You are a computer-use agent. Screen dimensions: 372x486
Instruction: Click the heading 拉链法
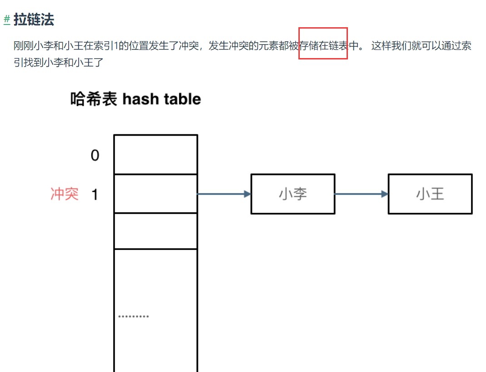tap(34, 20)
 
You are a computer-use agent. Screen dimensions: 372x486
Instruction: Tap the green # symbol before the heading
tap(7, 20)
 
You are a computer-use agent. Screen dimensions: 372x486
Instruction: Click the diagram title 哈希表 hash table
tap(135, 99)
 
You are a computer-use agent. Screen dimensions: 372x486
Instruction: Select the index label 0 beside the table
tap(95, 156)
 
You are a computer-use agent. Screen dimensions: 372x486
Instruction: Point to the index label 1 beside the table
tap(95, 195)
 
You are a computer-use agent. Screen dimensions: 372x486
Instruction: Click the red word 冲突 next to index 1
tap(64, 195)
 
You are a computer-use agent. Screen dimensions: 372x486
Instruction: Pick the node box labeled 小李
tap(293, 194)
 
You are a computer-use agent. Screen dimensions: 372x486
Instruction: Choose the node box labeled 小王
tap(430, 194)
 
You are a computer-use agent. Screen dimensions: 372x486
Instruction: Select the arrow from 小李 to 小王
tap(361, 194)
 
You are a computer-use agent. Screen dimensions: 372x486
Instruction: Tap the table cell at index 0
tap(155, 155)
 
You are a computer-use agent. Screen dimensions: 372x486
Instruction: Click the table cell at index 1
tap(155, 194)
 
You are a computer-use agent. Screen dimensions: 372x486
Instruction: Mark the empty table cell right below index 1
tap(155, 231)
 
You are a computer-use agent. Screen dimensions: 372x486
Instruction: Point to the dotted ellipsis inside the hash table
tap(134, 316)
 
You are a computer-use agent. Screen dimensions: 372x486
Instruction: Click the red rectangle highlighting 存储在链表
tap(323, 44)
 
